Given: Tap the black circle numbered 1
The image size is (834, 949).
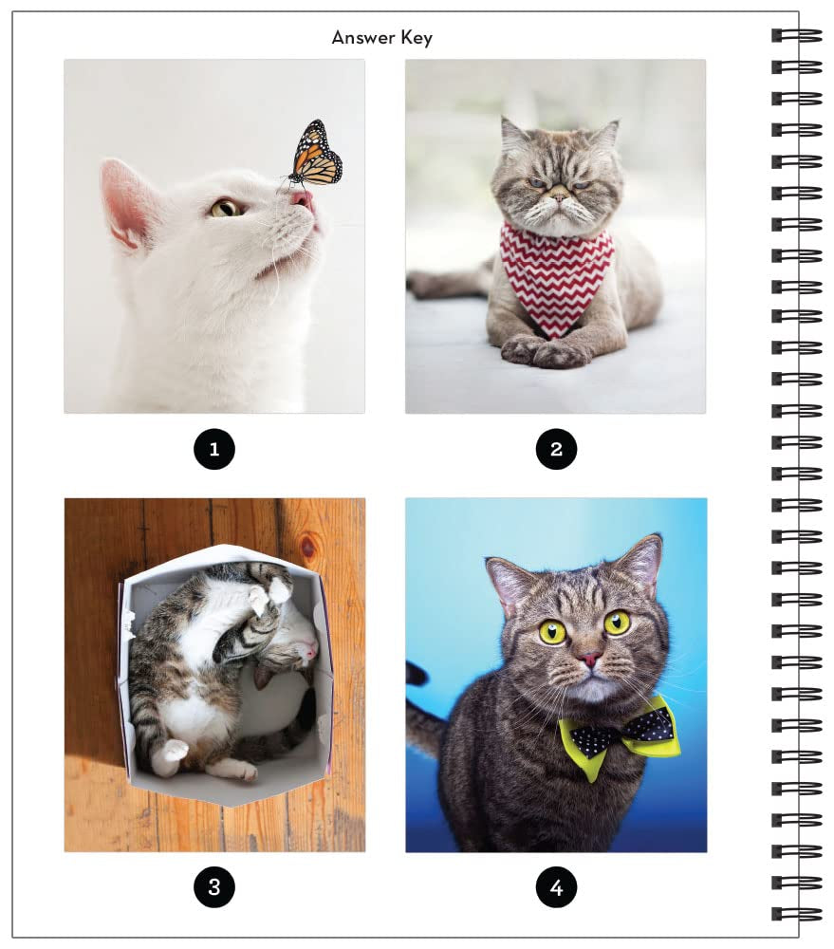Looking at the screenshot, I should [213, 449].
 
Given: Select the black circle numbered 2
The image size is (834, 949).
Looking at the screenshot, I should [556, 449].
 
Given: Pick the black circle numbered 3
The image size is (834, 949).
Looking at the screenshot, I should [213, 887].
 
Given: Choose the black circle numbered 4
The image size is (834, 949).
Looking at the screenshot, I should [556, 887].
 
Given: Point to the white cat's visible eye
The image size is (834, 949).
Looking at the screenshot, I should [225, 207].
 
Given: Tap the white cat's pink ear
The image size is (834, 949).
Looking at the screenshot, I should [127, 201].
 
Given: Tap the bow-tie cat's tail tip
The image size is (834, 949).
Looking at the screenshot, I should [415, 675].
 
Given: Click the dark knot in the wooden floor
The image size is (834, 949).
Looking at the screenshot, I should [306, 548].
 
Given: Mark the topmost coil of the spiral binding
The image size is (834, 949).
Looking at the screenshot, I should [796, 36].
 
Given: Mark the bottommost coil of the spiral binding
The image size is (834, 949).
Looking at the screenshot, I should [796, 913].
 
